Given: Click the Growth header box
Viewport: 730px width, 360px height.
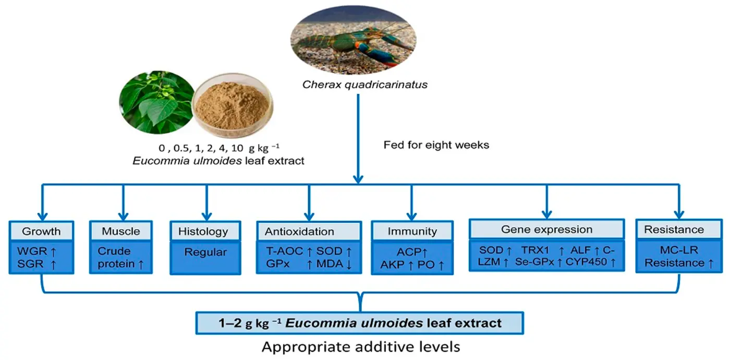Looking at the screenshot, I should pos(42,231).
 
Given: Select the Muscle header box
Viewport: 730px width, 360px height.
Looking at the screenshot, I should pos(121,231).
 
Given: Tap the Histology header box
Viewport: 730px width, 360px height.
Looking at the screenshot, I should pos(206,231).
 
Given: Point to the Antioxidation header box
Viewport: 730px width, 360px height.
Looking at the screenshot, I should pos(309,231).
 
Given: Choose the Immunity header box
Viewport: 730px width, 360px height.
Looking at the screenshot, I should pos(411,231).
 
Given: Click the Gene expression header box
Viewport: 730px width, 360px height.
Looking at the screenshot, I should pos(546,229).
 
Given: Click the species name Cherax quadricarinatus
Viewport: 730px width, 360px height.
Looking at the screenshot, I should pos(358,83).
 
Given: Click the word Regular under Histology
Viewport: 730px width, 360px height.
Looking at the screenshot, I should pos(206,252).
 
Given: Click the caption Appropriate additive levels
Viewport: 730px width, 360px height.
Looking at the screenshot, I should pos(359,346).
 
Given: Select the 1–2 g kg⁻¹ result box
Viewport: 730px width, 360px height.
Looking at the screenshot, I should pos(359,323).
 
